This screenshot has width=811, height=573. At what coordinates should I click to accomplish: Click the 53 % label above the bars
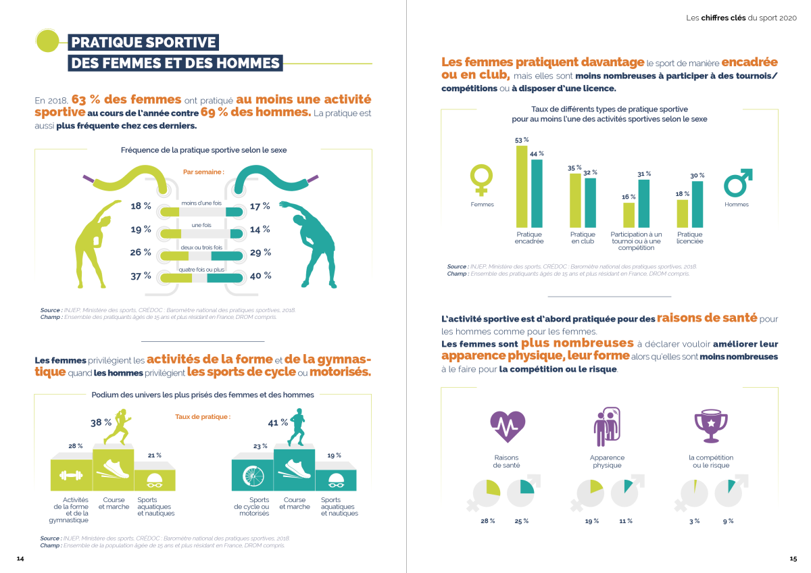(522, 140)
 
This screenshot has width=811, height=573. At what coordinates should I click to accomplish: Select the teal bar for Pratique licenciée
(697, 204)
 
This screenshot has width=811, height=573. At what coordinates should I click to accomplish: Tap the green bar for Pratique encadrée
(522, 186)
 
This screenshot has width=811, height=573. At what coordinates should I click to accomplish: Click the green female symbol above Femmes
(481, 181)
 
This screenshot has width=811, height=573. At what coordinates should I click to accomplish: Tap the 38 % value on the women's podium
(101, 422)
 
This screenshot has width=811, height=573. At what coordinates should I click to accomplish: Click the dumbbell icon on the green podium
(71, 475)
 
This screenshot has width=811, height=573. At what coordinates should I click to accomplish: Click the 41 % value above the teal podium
(274, 423)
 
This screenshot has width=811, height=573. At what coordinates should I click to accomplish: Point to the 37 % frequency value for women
(141, 276)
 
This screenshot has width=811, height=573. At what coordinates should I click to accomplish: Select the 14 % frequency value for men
(260, 230)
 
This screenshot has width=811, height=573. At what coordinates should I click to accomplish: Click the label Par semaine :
(203, 172)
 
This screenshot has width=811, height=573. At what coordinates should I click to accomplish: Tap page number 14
(20, 559)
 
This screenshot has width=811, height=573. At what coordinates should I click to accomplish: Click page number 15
(793, 559)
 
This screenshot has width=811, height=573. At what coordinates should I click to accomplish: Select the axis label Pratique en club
(583, 238)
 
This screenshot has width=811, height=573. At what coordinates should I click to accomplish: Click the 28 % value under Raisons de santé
(487, 521)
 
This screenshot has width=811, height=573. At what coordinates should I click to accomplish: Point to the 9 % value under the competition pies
(728, 521)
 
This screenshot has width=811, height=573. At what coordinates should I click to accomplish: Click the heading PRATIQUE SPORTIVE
(143, 43)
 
